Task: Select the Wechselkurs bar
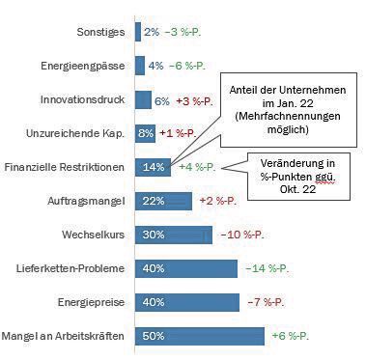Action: point(174,234)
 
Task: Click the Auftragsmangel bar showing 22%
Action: point(163,200)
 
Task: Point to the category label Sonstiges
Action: point(101,32)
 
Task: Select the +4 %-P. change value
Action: point(197,167)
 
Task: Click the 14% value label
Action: point(153,167)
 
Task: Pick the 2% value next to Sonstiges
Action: point(152,32)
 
